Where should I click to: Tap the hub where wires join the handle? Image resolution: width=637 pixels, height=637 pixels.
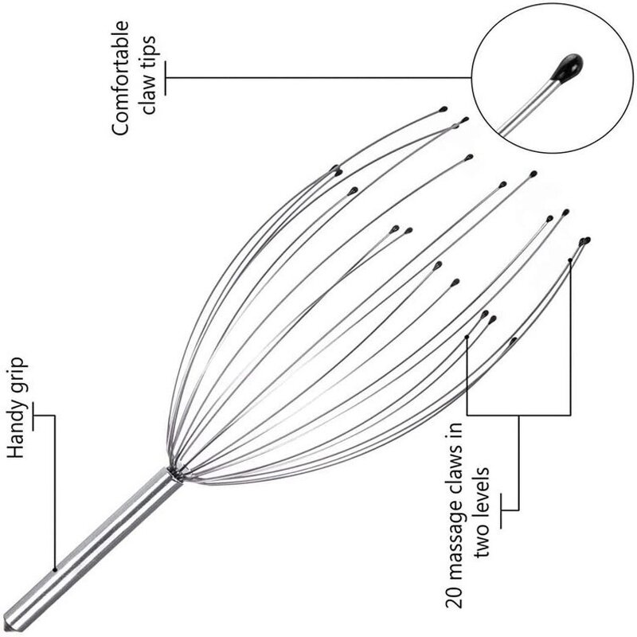[x=174, y=475]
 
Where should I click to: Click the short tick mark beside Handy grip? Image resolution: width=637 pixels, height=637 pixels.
[x=35, y=414]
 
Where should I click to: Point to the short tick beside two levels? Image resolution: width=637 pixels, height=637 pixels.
[x=502, y=510]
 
